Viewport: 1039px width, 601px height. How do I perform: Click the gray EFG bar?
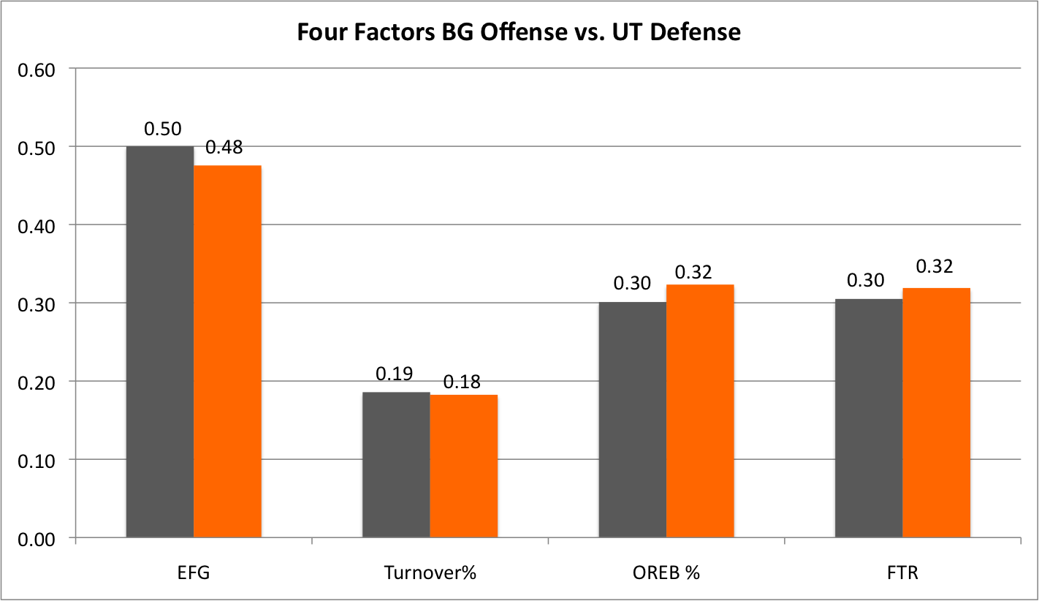tap(160, 342)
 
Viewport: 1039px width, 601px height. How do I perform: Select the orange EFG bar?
tap(227, 352)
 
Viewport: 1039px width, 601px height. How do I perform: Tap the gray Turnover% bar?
tap(396, 465)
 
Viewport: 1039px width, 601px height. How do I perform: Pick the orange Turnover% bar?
tap(463, 466)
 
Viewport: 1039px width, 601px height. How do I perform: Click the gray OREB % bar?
tap(632, 420)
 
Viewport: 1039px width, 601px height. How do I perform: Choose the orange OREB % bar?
tap(700, 412)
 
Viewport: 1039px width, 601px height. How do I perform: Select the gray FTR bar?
tap(869, 418)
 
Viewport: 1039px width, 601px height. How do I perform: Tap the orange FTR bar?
tap(936, 413)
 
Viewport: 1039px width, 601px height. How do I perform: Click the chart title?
tap(519, 33)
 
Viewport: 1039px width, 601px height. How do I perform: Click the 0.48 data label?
tap(224, 147)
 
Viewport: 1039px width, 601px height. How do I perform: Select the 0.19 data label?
tap(395, 374)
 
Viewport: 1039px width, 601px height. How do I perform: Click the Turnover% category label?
tap(430, 572)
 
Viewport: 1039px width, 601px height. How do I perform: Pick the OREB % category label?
tap(666, 572)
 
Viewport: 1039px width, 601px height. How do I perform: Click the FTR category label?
tap(902, 572)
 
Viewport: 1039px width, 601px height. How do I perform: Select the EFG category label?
tap(194, 572)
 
